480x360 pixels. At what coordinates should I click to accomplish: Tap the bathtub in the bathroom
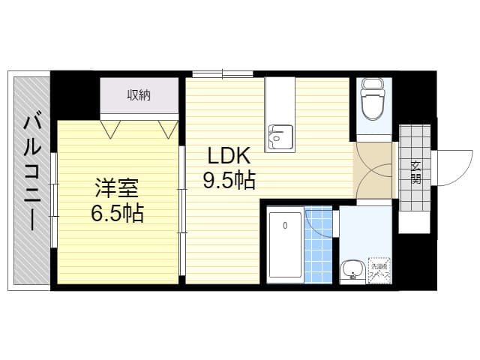285,245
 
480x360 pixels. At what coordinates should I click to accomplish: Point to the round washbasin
350,270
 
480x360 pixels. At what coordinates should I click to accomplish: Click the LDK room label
228,157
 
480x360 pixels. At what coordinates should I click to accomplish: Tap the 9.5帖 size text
228,181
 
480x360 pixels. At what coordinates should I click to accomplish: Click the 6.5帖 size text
115,213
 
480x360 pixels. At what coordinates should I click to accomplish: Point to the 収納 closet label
139,94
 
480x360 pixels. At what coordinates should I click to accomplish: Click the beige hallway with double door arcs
373,170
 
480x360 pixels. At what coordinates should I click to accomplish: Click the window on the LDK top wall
223,73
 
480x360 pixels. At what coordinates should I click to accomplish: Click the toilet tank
372,84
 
